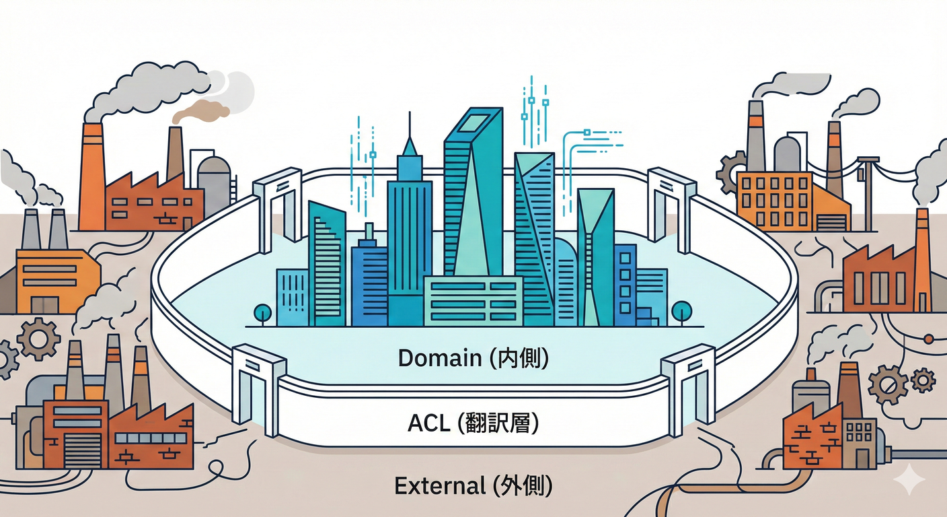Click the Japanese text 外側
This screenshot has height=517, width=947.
click(x=523, y=485)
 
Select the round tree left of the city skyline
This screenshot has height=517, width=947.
click(x=263, y=312)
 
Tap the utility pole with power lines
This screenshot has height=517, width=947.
click(x=868, y=188)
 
